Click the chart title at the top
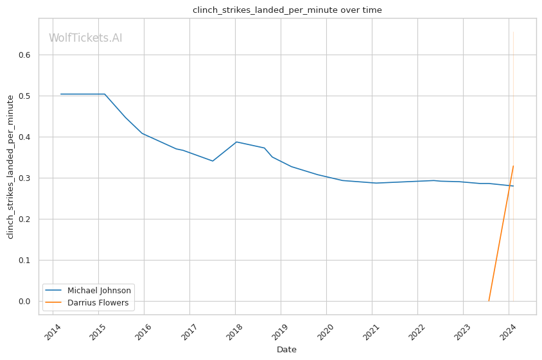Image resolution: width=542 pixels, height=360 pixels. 287,10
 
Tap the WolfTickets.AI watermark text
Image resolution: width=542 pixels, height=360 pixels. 85,39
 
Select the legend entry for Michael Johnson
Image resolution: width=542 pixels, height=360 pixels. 99,291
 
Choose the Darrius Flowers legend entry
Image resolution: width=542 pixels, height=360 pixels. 98,303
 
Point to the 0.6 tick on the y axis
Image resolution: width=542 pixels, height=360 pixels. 25,55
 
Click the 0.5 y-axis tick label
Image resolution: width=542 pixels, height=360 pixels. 25,96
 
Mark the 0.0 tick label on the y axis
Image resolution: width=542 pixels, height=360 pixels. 25,302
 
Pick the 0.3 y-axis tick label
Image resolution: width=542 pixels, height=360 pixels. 25,178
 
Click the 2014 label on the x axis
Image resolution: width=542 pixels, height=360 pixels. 53,331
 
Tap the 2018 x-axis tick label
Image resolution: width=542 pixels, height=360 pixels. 235,331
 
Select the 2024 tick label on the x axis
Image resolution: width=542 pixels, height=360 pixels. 509,331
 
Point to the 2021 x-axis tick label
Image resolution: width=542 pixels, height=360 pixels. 372,331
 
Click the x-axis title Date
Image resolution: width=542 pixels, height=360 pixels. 286,350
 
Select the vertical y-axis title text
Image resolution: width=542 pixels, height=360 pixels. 10,167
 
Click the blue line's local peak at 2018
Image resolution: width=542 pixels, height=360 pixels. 236,142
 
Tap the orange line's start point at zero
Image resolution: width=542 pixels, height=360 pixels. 489,301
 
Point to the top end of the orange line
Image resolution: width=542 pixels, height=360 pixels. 513,166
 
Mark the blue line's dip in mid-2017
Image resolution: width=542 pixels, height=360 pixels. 213,161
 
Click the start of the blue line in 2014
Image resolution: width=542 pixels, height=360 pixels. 61,94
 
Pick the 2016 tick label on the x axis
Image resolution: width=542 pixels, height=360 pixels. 144,331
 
